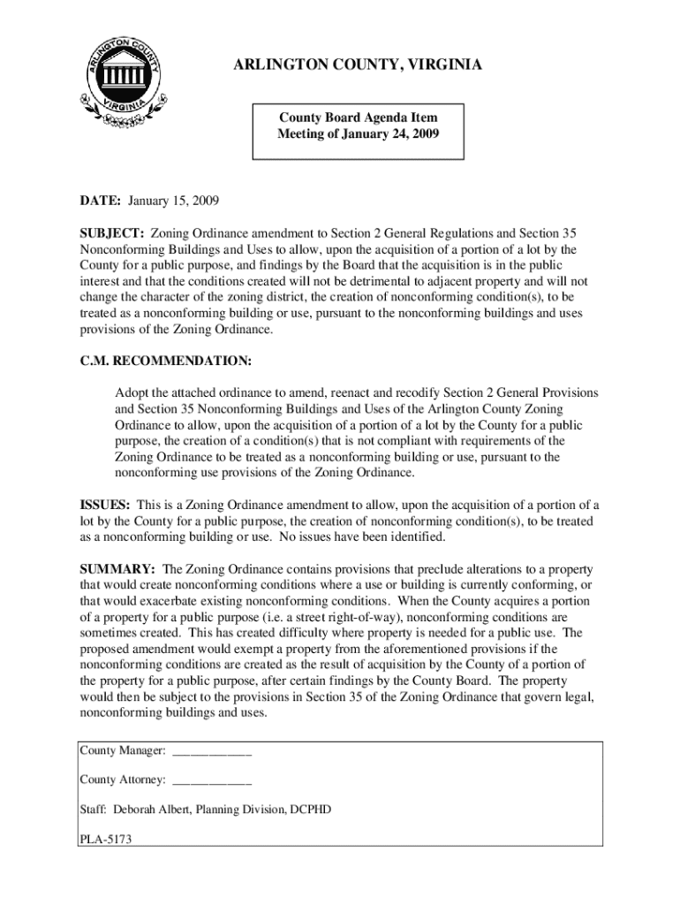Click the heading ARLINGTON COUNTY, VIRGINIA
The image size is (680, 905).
358,66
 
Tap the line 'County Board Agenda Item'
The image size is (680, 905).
358,118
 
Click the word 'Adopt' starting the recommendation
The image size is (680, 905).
132,392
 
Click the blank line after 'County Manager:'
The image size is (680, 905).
212,751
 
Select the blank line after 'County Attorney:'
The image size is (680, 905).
212,780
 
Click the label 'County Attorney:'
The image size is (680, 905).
123,780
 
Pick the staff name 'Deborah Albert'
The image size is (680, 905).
150,810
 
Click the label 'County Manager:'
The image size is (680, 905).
123,751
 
